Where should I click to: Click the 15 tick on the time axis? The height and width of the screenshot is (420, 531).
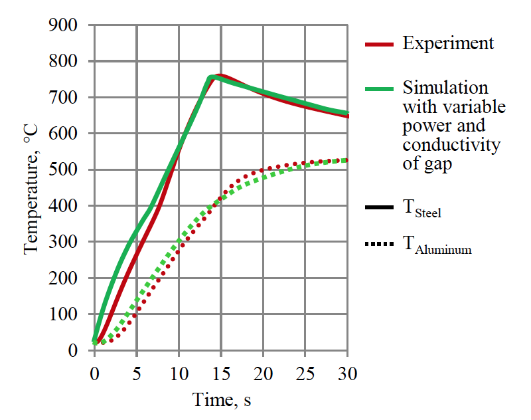point(220,373)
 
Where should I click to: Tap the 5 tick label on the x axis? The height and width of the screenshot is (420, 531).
point(136,373)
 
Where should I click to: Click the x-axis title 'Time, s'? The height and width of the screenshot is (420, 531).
point(222,400)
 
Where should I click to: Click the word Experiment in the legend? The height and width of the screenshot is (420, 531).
point(448,44)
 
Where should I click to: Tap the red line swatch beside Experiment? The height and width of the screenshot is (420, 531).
point(380,45)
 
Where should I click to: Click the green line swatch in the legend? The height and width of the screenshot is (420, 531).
point(380,89)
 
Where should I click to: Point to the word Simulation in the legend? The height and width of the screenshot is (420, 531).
point(445,88)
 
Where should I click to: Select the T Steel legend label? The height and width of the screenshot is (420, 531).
point(422,209)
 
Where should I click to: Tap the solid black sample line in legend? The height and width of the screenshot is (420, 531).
point(380,209)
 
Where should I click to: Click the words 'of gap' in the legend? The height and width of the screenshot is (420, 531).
point(427,164)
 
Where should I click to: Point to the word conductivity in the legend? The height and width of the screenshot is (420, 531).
point(451,145)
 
